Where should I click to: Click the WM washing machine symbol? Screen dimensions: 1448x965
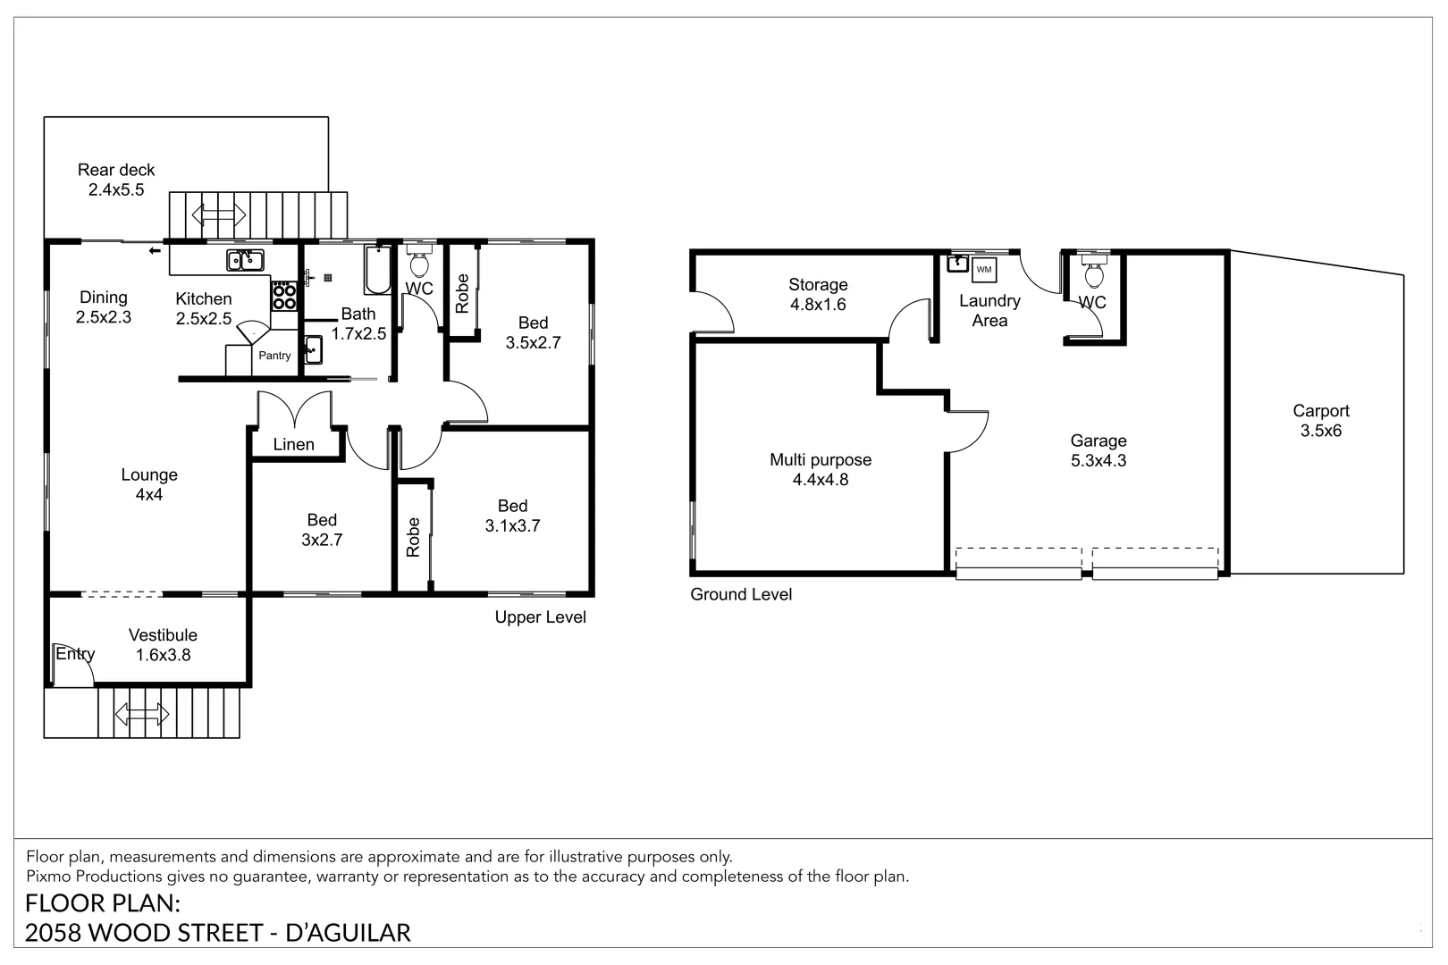984,270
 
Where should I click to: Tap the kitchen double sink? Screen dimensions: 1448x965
245,260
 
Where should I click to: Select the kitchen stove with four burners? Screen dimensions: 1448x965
283,296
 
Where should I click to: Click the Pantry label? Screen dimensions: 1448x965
274,356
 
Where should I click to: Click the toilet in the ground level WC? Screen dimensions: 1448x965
1094,272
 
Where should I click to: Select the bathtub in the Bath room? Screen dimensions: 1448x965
377,270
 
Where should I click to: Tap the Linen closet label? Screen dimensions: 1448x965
293,444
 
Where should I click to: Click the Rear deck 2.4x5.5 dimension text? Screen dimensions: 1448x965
116,190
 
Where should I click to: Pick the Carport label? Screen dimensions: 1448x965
1321,410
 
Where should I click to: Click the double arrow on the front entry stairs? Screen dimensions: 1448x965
142,714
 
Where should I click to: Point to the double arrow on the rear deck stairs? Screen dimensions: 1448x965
219,214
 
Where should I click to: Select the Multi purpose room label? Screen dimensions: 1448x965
821,460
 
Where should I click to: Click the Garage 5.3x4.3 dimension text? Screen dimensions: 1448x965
1099,461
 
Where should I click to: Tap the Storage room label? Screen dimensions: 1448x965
818,284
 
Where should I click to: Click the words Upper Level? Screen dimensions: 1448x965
541,617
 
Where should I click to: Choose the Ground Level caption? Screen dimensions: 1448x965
741,594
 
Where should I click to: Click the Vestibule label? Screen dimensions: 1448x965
163,634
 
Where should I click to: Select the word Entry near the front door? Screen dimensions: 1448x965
75,654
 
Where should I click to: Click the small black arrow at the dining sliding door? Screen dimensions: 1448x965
155,251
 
